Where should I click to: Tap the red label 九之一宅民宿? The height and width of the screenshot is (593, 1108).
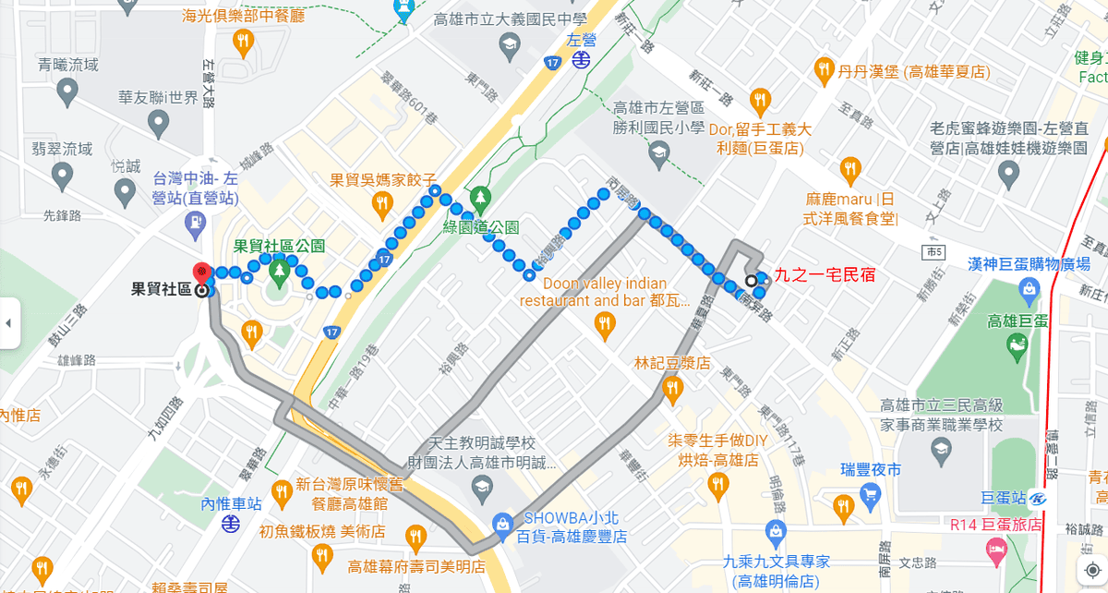pyautogui.click(x=824, y=274)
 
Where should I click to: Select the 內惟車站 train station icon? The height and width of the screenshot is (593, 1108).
pyautogui.click(x=232, y=525)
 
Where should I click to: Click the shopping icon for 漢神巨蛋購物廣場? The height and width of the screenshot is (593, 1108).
pyautogui.click(x=1030, y=290)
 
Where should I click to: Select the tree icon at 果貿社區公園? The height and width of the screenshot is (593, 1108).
pyautogui.click(x=279, y=272)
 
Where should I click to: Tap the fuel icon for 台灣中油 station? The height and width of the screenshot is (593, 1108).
pyautogui.click(x=196, y=222)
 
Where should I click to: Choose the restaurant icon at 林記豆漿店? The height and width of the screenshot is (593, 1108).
pyautogui.click(x=671, y=389)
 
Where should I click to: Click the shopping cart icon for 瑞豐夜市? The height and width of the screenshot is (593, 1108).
pyautogui.click(x=870, y=494)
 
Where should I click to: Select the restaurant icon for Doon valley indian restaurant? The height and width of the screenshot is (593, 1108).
pyautogui.click(x=604, y=323)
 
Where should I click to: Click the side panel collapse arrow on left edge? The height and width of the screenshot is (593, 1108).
pyautogui.click(x=8, y=323)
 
